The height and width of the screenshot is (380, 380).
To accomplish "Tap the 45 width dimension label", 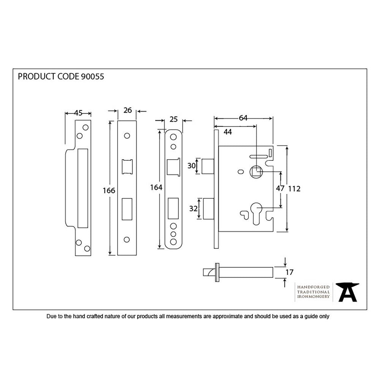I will [x=78, y=113].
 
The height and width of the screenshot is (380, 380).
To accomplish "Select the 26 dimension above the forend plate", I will [x=128, y=111].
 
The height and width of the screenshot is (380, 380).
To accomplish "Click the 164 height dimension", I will [x=156, y=187].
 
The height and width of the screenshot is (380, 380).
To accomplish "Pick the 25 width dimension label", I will [x=174, y=120].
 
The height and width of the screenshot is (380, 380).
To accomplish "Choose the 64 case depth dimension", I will [x=243, y=118].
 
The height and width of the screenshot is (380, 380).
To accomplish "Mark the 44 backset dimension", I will [x=228, y=131].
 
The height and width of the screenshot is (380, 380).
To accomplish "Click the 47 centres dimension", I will [x=280, y=188].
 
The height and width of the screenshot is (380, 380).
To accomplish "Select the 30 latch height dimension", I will [x=191, y=166].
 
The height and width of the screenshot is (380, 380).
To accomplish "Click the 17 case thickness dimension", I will [x=289, y=272].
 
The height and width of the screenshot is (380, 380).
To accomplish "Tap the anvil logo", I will [x=348, y=292].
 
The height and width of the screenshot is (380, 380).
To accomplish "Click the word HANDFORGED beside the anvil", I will [x=313, y=287].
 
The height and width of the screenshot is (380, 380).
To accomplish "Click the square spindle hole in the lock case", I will [x=256, y=173].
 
